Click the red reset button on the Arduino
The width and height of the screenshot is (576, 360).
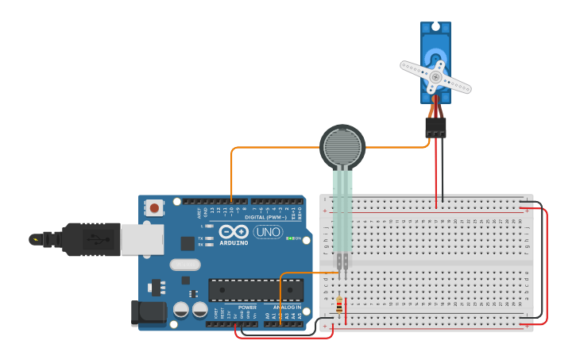point(154,208)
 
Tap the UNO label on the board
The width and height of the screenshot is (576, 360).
point(268,232)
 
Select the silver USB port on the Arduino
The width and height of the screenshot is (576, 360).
point(142,239)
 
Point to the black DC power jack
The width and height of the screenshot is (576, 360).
point(149,312)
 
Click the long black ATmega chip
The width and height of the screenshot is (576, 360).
point(255,290)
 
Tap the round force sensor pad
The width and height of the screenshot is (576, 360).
point(342,146)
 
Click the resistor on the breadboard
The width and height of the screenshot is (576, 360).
point(340,305)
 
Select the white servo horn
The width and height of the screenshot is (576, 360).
point(435,76)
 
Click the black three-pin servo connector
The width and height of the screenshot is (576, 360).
point(435,127)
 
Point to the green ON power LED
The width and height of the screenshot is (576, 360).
point(290,238)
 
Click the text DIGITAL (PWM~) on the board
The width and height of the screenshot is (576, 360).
point(266,216)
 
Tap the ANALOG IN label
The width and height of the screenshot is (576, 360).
point(287,307)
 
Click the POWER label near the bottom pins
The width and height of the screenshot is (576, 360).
point(247,307)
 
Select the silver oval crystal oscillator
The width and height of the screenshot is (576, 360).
point(184,265)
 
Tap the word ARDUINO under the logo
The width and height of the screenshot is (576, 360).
point(234,242)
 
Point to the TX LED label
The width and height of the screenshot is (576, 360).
point(201,238)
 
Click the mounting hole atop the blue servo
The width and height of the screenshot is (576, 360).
point(435,27)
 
